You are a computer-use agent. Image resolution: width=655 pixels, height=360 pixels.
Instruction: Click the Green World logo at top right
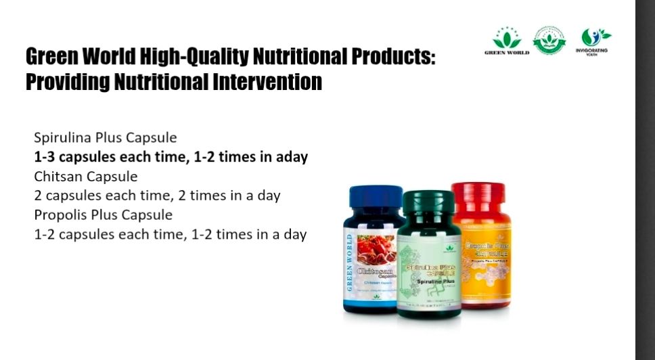pos(507,41)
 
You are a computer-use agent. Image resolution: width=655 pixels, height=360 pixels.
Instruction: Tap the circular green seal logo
pos(549,40)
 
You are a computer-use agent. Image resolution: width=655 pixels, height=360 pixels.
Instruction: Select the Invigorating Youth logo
pos(592,41)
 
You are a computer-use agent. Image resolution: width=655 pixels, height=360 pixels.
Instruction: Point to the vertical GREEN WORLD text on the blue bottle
pos(350,263)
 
